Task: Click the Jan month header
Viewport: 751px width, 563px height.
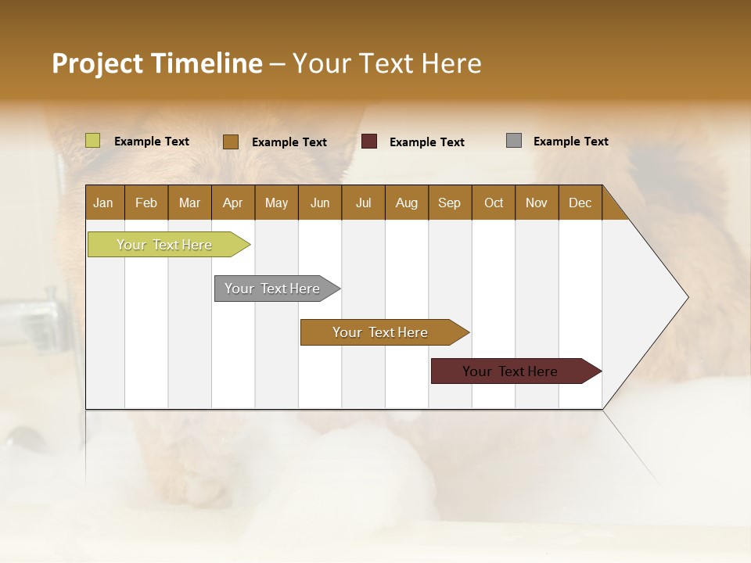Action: tap(104, 203)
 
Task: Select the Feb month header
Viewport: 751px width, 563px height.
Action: tap(146, 203)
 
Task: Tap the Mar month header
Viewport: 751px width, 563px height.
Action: tap(189, 203)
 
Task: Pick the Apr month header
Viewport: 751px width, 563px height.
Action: tap(232, 203)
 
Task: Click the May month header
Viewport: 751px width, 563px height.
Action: tap(276, 203)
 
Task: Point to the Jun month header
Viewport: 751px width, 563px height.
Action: tap(320, 203)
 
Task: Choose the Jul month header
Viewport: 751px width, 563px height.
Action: tap(363, 203)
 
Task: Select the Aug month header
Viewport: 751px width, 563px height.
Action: tap(406, 203)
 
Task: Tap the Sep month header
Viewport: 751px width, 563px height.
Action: tap(449, 203)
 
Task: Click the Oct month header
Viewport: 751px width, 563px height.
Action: tap(494, 203)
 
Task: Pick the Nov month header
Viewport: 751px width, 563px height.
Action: tap(537, 203)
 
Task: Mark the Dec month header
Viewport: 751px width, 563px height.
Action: tap(580, 203)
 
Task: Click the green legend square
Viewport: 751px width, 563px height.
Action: tap(93, 141)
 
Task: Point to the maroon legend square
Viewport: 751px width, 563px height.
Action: tap(369, 142)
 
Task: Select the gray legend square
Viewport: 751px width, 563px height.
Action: tap(514, 141)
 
